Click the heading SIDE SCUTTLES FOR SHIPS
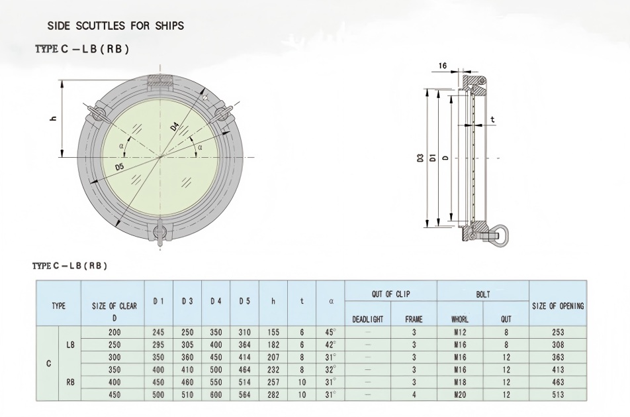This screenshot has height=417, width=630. (x=116, y=26)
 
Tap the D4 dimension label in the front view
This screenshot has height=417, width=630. (x=175, y=125)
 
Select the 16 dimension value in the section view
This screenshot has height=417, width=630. (x=443, y=66)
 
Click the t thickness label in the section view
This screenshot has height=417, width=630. (x=493, y=119)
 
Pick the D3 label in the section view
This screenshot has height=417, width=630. (x=420, y=158)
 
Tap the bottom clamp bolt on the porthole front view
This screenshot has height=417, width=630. (x=159, y=233)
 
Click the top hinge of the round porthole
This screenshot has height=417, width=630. (x=161, y=81)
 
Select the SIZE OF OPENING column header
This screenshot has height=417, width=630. (x=558, y=306)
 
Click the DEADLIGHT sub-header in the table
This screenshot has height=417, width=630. (x=368, y=319)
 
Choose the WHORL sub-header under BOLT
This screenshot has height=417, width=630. (x=461, y=319)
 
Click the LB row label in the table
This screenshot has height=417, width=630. (x=70, y=345)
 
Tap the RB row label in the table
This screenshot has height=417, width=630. (x=70, y=383)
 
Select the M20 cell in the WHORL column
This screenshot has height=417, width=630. (x=461, y=394)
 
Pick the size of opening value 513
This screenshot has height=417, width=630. (x=558, y=394)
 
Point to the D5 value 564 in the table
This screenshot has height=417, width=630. (x=244, y=394)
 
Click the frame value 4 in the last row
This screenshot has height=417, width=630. (x=414, y=394)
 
